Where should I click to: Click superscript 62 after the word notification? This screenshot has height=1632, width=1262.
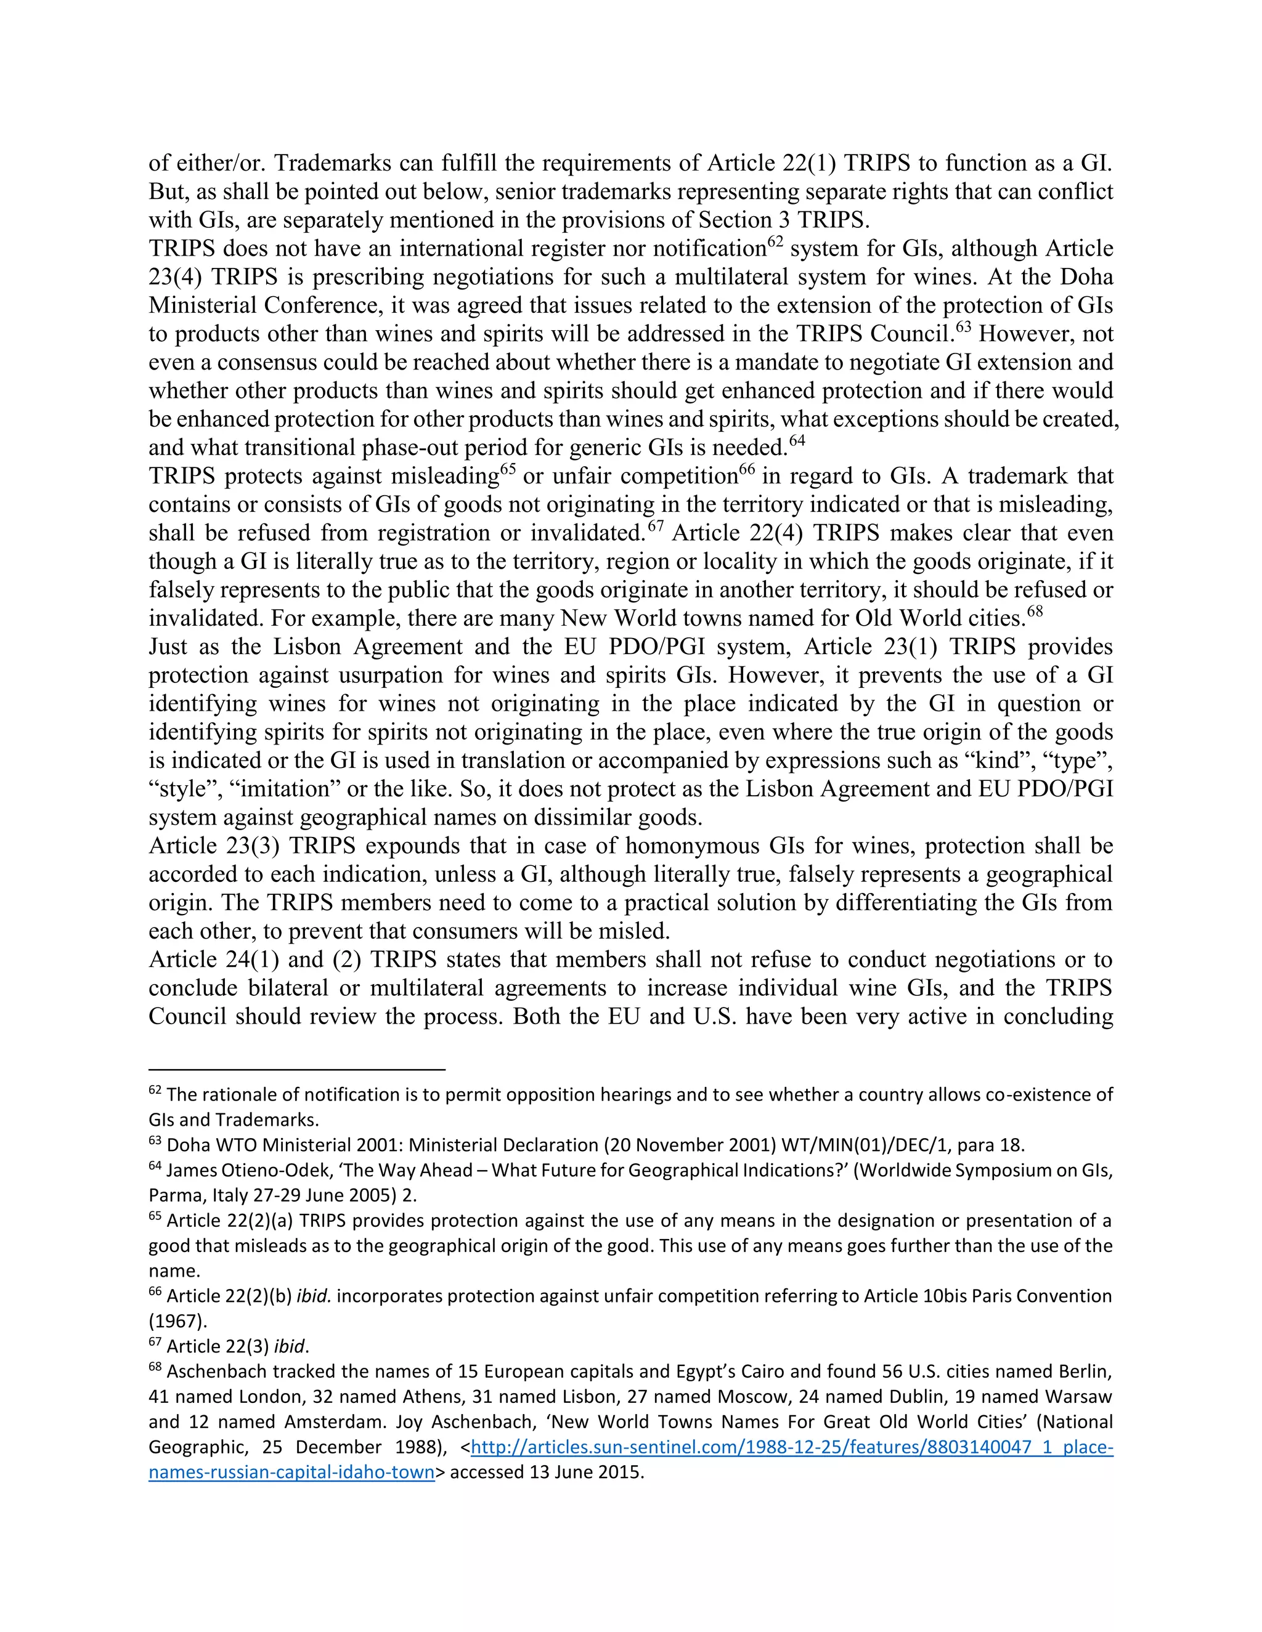point(776,241)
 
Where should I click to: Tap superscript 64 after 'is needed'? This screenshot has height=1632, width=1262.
point(797,440)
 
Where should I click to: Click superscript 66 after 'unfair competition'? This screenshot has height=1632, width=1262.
point(747,469)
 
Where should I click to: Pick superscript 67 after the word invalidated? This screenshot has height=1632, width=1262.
point(656,526)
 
